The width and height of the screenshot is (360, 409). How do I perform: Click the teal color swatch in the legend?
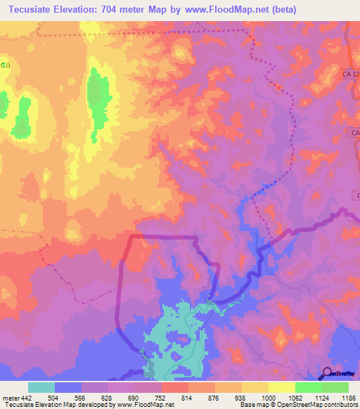tap(41, 387)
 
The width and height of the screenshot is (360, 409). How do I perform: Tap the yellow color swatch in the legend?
tap(281, 387)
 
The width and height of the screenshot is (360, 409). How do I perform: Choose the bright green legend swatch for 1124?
tap(308, 387)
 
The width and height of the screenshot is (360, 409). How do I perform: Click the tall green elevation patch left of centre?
tap(98, 98)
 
